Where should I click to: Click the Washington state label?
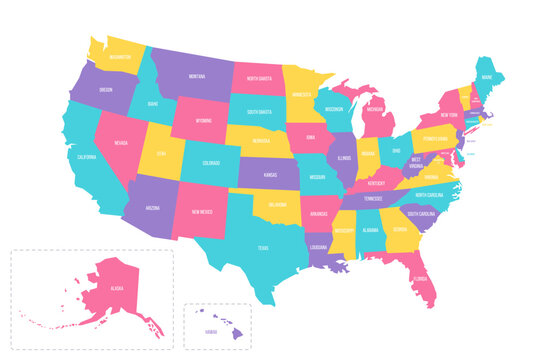tap(120, 58)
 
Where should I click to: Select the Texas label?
tap(262, 248)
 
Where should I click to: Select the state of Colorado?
tap(211, 164)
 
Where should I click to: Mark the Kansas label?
tap(271, 175)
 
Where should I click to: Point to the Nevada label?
tap(120, 143)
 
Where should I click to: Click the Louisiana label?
tap(320, 247)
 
